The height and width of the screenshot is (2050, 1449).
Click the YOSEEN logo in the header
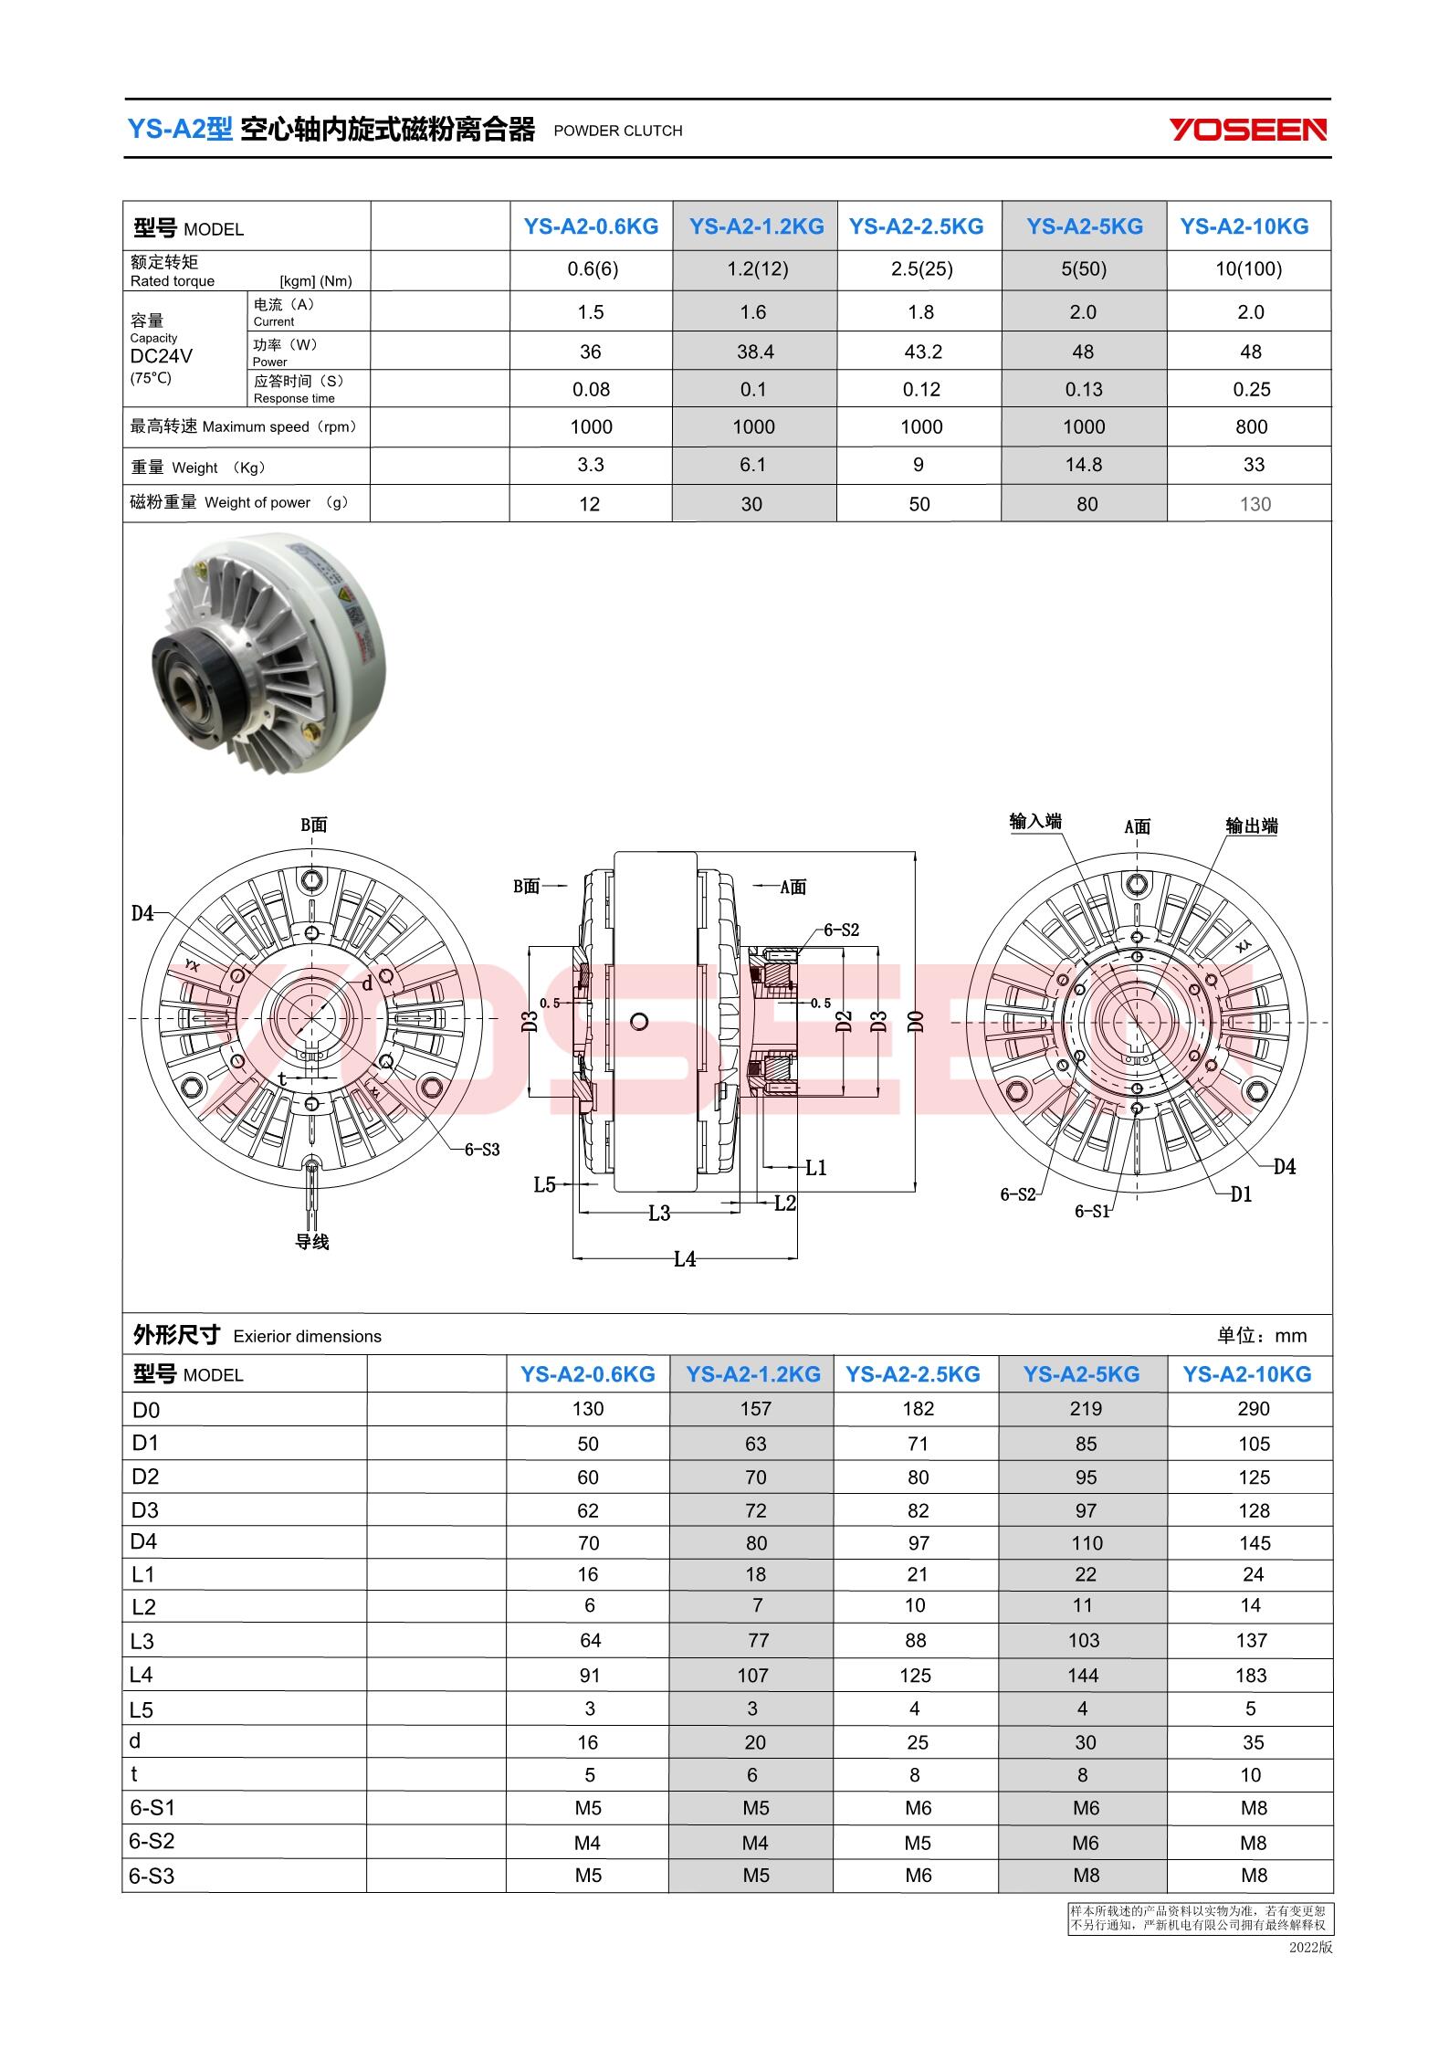[1248, 130]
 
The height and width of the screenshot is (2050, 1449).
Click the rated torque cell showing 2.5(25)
[920, 268]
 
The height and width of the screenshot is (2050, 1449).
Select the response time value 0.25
[1251, 389]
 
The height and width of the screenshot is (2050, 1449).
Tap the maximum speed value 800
[1251, 426]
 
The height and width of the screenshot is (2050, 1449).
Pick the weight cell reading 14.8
[1084, 465]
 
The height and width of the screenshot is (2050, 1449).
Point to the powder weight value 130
[1255, 504]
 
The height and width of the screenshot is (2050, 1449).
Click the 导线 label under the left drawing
[311, 1242]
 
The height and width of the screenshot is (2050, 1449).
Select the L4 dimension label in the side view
[685, 1259]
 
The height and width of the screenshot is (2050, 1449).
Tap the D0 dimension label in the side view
[916, 1021]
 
